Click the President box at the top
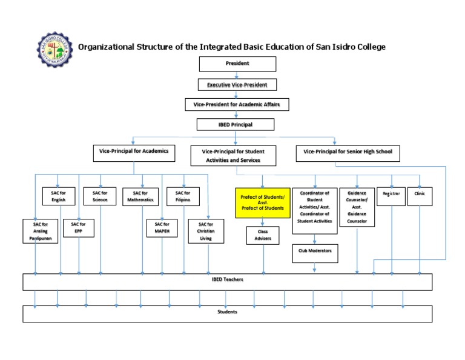tap(237, 64)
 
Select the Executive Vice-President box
tap(237, 85)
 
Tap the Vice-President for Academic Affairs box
tap(237, 105)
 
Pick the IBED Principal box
tap(236, 125)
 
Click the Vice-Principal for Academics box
tap(133, 153)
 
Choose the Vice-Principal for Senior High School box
tap(348, 153)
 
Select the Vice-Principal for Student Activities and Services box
tap(234, 155)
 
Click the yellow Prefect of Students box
tap(263, 203)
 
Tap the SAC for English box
tap(59, 196)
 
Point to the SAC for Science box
tap(100, 196)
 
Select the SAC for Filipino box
tap(183, 196)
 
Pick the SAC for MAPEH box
tap(162, 228)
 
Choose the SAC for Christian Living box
tap(206, 231)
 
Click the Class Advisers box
tap(263, 235)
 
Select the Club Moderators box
tap(315, 250)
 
